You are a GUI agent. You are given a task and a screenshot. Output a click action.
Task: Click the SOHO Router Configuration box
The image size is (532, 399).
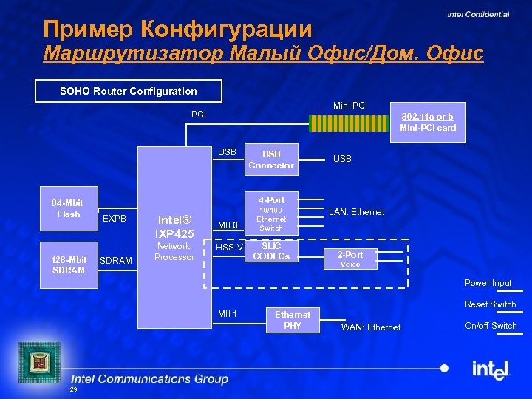[129, 91]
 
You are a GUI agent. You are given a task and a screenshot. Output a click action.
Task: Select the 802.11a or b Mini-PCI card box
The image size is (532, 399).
[428, 122]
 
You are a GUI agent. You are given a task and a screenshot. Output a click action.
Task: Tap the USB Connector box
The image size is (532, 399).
[271, 160]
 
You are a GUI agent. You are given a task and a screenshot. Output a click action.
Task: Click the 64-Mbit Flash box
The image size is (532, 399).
[68, 208]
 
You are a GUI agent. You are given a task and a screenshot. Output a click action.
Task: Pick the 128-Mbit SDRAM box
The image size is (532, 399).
[68, 265]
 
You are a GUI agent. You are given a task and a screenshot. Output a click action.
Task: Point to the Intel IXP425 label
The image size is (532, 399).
[174, 226]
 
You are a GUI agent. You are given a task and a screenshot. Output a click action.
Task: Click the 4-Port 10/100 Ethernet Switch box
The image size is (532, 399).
[271, 214]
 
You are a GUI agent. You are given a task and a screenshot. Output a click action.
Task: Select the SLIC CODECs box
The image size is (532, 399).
[271, 251]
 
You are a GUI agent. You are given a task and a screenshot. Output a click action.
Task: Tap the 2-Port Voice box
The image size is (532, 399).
[350, 259]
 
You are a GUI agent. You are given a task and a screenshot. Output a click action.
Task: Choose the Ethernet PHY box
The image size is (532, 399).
[293, 320]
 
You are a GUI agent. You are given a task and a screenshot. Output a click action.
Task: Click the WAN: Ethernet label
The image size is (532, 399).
[370, 327]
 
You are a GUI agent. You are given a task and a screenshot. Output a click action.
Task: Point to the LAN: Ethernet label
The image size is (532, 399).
[356, 212]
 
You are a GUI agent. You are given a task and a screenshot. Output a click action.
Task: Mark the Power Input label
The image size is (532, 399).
[488, 283]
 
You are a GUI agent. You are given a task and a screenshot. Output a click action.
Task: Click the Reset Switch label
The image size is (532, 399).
[490, 304]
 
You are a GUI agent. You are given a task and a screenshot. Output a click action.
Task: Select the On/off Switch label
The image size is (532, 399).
[491, 326]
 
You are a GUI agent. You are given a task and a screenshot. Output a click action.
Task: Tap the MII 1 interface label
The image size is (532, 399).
[228, 314]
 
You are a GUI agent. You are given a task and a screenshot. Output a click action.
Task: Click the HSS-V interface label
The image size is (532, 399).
[229, 248]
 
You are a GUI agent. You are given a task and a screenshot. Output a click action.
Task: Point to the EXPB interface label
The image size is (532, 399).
[115, 219]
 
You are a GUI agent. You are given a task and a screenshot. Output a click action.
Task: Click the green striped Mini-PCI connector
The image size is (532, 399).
[335, 122]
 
